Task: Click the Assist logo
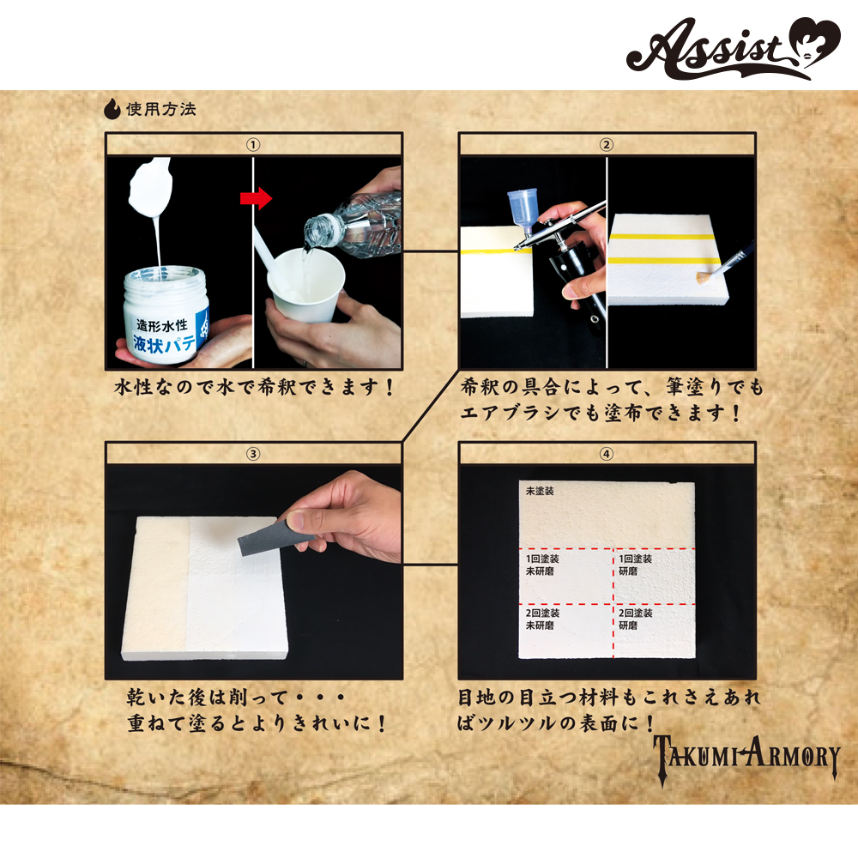click(734, 48)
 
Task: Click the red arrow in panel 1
click(256, 198)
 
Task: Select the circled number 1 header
click(253, 145)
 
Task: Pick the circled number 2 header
click(607, 145)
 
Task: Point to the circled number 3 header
click(253, 454)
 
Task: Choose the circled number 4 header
click(607, 454)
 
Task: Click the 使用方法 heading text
click(161, 109)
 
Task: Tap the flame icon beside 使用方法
click(112, 108)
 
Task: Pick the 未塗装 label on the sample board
click(540, 491)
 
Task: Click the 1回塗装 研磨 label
click(635, 565)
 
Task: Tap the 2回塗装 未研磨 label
click(542, 619)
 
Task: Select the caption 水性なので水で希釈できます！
click(254, 388)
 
